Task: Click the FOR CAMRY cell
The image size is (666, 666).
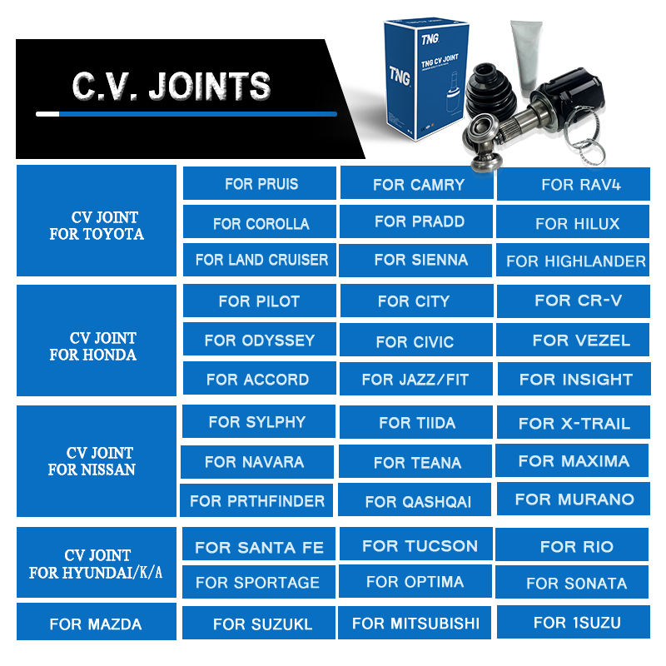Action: [418, 184]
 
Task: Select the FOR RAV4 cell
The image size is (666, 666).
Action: [574, 184]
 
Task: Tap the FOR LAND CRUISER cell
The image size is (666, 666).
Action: [261, 260]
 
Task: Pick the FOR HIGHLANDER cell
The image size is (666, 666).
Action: [574, 261]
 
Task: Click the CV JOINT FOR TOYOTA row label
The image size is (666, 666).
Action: [97, 225]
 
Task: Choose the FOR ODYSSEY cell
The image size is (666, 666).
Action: [259, 340]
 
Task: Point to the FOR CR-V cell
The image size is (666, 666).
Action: [574, 301]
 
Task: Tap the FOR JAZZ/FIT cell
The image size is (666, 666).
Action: [415, 380]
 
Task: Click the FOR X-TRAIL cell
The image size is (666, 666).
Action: [574, 423]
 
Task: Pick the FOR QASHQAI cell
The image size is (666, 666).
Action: [417, 501]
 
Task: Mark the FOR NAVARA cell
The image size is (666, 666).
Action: [255, 461]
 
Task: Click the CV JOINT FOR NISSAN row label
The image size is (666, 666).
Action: [97, 460]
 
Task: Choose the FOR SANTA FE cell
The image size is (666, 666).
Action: [259, 547]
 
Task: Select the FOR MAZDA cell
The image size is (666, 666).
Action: [96, 624]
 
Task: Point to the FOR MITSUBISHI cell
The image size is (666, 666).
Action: [415, 623]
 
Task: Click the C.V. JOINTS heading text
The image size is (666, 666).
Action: [171, 87]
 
